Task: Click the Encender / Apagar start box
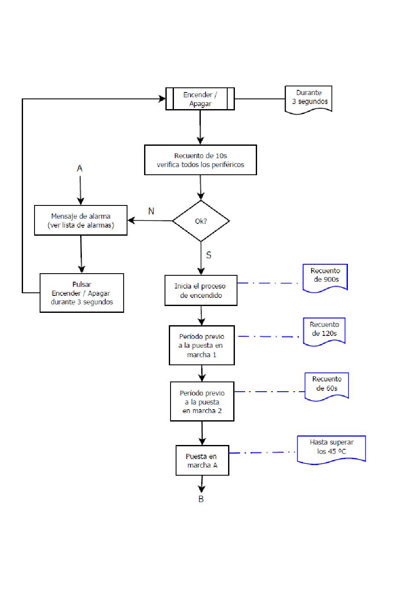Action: click(200, 99)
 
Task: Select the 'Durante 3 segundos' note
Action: click(308, 99)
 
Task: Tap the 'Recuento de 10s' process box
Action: click(200, 160)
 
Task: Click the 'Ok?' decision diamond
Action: click(201, 221)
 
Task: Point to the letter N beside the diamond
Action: click(151, 211)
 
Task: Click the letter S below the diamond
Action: click(208, 255)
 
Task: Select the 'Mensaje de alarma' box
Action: click(81, 220)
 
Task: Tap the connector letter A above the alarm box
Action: click(79, 168)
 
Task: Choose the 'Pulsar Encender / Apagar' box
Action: click(82, 293)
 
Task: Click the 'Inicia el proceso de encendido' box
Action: click(201, 290)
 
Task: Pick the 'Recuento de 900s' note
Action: click(325, 278)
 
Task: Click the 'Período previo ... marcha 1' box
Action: click(202, 345)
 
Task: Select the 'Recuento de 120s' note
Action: click(324, 332)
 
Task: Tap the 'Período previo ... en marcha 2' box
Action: click(202, 401)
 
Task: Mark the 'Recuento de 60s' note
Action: click(327, 386)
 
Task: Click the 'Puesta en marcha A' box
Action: click(202, 460)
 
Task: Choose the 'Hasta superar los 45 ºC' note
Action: click(331, 450)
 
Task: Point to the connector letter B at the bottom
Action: click(201, 499)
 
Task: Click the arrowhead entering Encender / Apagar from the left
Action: click(162, 99)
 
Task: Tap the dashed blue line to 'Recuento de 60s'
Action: click(269, 392)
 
